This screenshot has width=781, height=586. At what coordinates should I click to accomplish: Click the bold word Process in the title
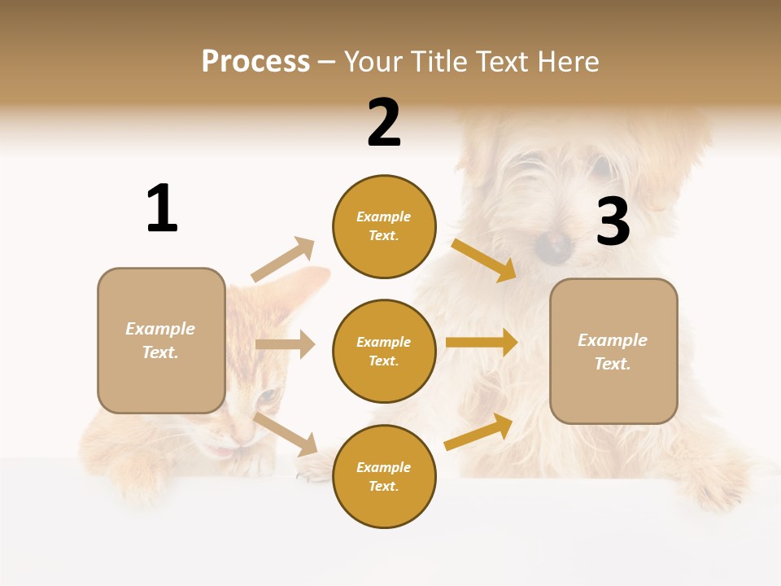[255, 62]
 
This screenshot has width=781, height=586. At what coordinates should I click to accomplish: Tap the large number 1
[162, 208]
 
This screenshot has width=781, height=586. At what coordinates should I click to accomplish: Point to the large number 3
[613, 221]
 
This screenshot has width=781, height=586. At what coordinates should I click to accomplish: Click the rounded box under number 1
[161, 340]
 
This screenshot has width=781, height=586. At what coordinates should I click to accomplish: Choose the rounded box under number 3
[613, 351]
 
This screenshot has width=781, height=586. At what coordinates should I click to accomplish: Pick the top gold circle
[384, 226]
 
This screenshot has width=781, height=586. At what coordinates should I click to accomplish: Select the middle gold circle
[384, 351]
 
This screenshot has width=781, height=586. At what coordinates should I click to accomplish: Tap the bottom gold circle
[384, 476]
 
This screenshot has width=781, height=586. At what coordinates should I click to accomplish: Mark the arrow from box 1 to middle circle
[285, 344]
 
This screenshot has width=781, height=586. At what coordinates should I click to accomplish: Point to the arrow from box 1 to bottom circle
[286, 433]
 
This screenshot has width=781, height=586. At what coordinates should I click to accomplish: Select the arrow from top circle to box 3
[485, 260]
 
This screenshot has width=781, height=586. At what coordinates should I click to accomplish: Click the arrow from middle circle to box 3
[482, 342]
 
